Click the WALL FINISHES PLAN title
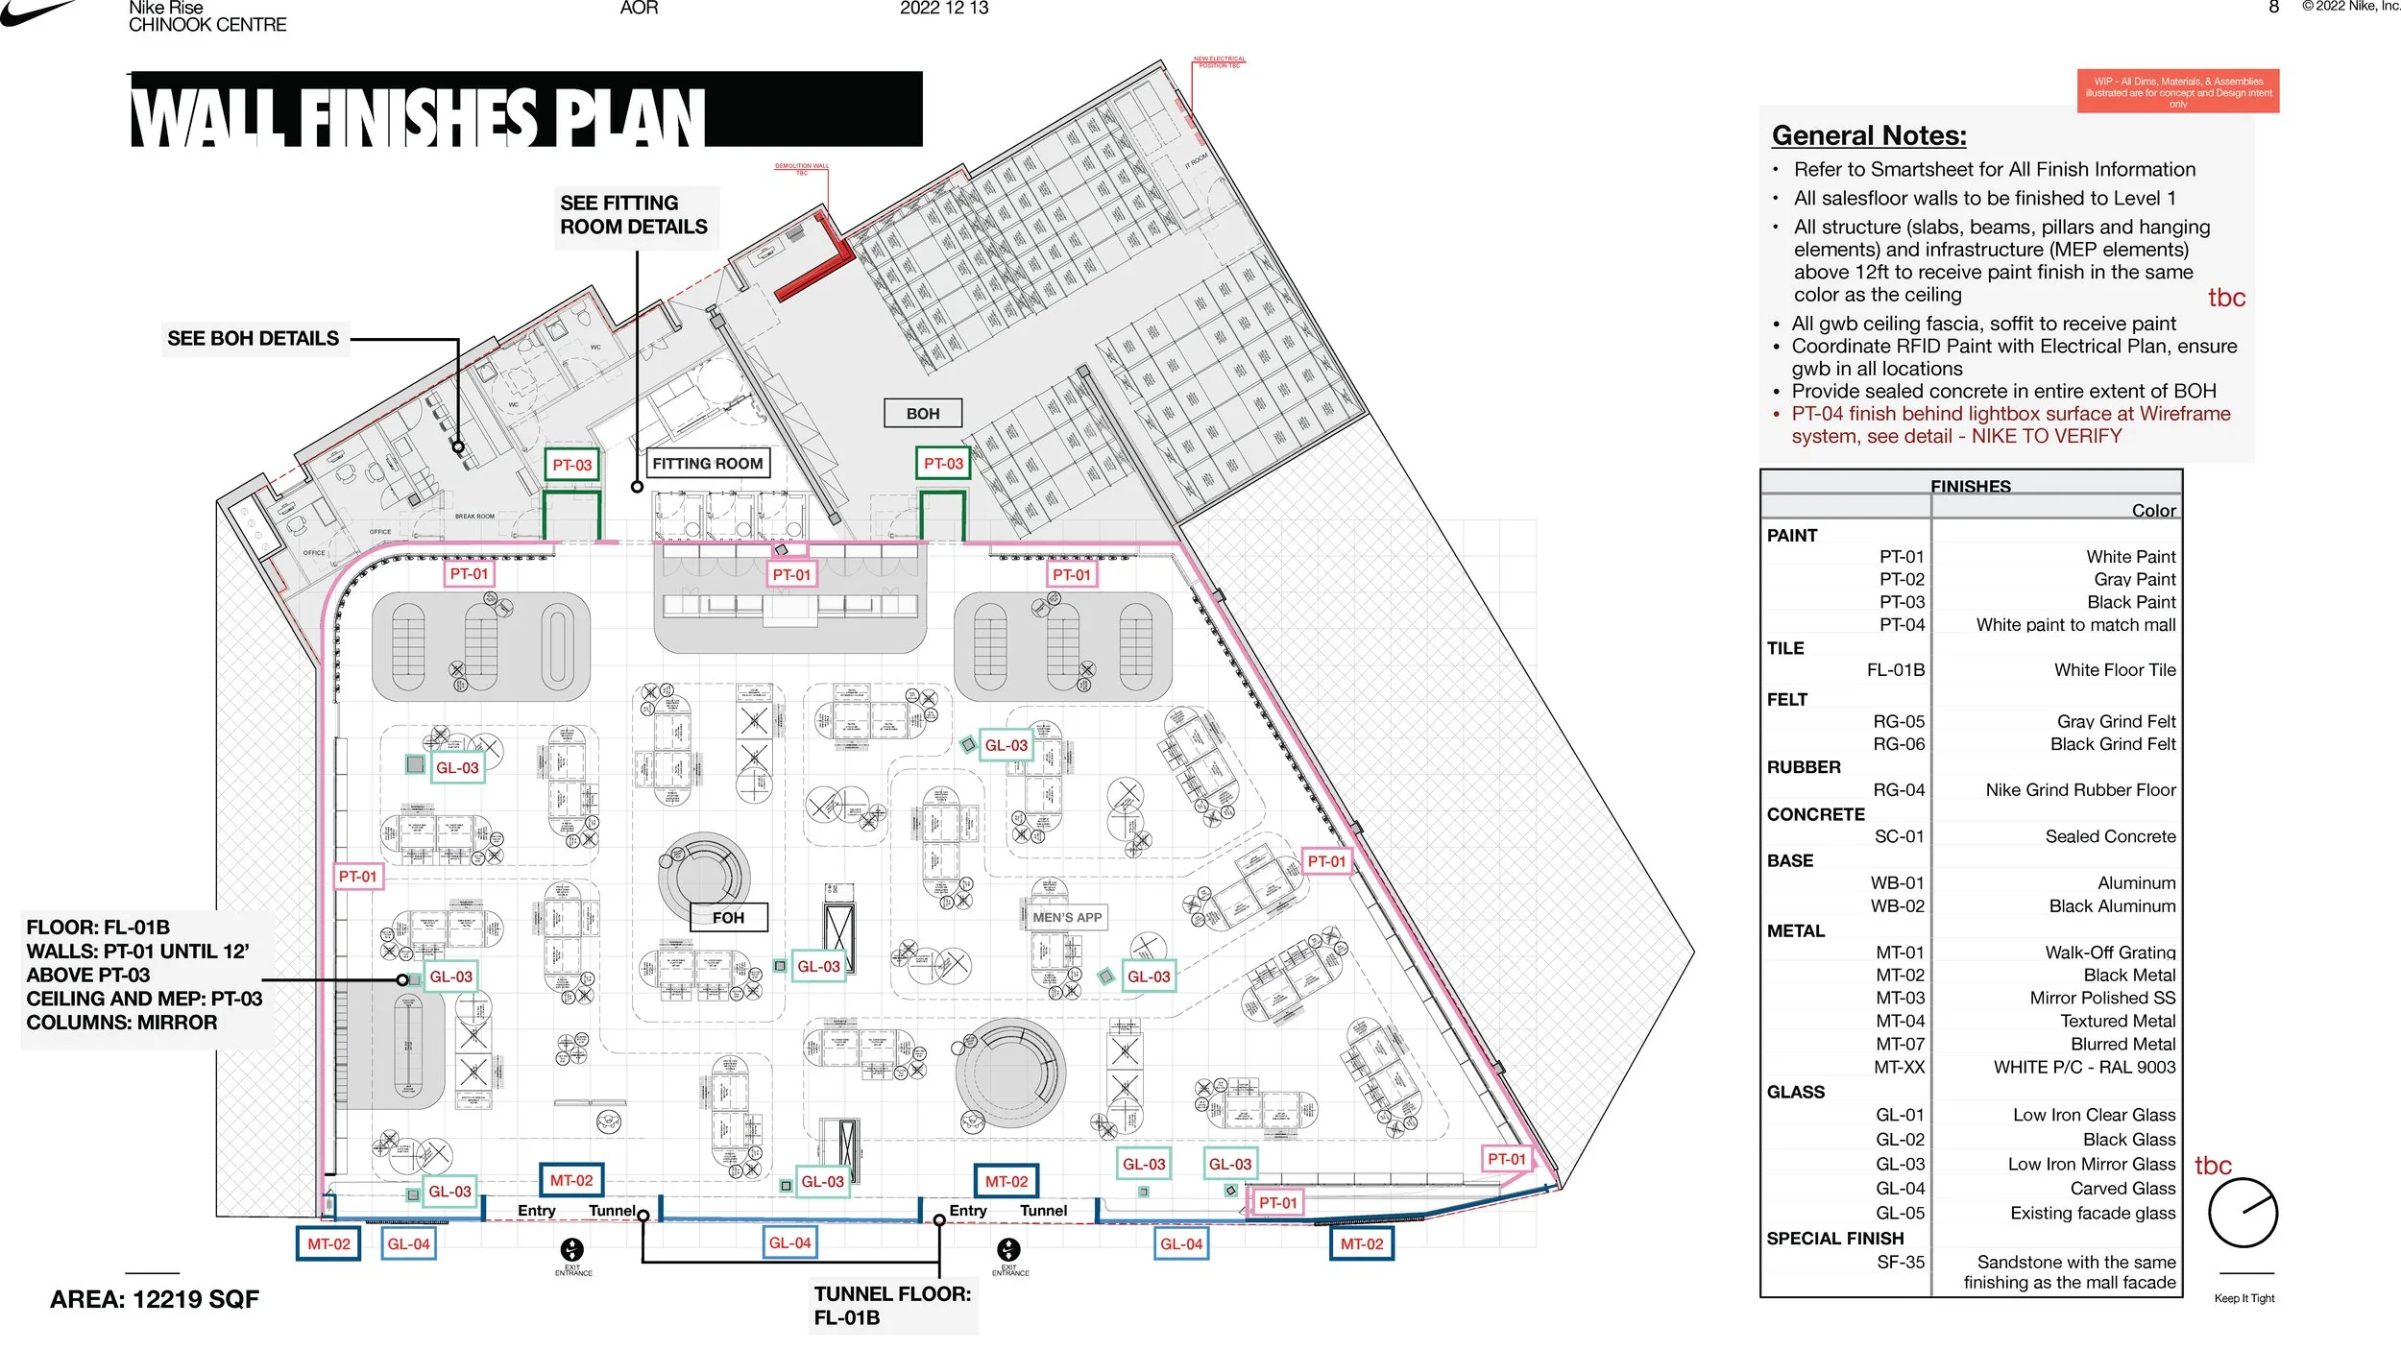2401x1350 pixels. point(418,116)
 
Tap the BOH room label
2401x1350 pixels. point(922,414)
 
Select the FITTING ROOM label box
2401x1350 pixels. point(707,464)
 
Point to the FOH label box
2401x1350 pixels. point(728,918)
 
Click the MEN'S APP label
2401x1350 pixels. point(1067,918)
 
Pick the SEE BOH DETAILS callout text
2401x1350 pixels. point(253,339)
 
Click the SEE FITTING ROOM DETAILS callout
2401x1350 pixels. point(633,215)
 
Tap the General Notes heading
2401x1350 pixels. point(1868,135)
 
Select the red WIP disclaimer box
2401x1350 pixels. point(2177,92)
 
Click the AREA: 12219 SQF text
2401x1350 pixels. point(155,1299)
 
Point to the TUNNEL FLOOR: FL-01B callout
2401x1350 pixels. point(891,1306)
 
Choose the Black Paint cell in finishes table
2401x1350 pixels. point(2131,602)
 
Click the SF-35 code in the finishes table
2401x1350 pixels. point(1900,1262)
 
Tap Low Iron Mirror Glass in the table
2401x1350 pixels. point(2091,1164)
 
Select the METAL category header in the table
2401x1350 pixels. point(1795,930)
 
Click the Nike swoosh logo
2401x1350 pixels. point(38,12)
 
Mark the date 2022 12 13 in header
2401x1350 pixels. point(943,9)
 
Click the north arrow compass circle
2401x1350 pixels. point(2243,1213)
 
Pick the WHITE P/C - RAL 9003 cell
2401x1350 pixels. point(2084,1067)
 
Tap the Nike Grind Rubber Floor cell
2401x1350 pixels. point(2080,790)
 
